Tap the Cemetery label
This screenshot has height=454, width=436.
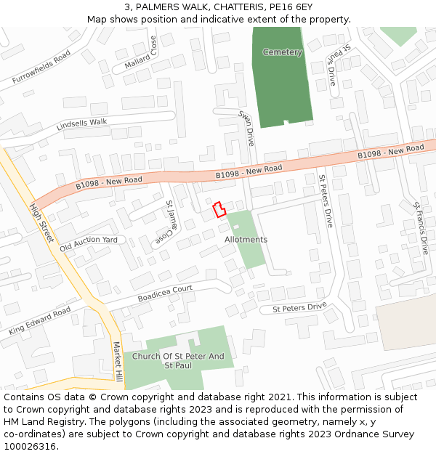[282, 52]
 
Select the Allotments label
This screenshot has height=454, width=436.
[246, 240]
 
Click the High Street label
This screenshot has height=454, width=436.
[41, 223]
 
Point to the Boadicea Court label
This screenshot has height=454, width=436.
[165, 293]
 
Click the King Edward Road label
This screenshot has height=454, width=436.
[40, 320]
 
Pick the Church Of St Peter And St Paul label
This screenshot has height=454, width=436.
[179, 361]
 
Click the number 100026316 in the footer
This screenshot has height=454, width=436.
[30, 446]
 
